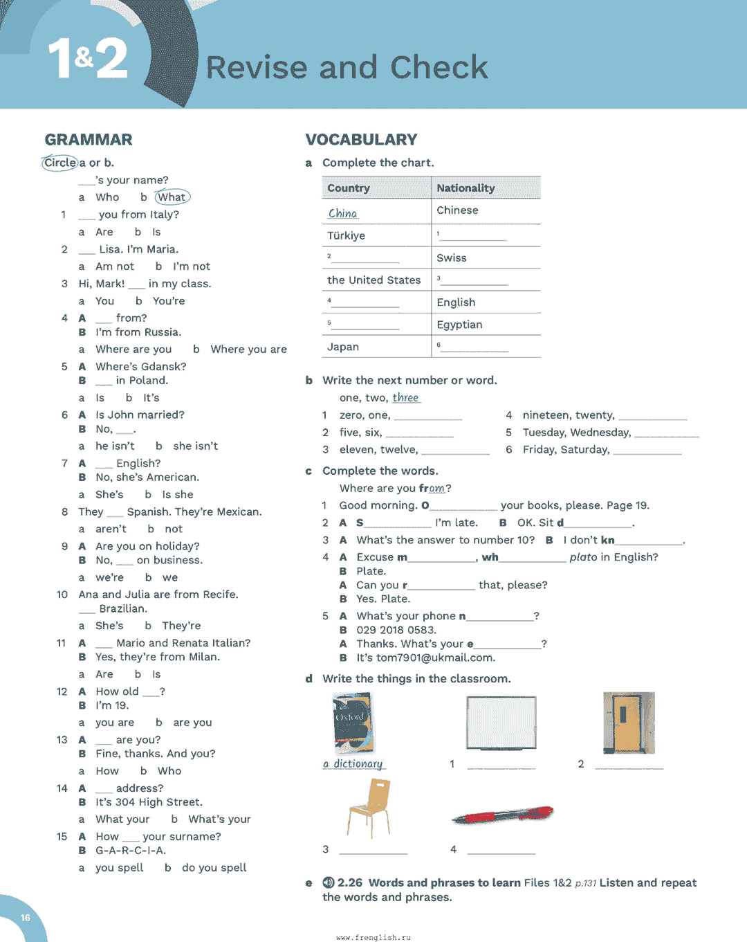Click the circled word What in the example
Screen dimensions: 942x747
(x=172, y=197)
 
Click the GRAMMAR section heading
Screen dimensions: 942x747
(x=89, y=140)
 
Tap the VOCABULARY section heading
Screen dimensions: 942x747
(x=361, y=140)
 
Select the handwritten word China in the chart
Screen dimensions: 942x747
(x=343, y=213)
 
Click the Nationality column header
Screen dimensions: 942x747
(x=465, y=188)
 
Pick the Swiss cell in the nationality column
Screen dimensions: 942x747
(x=452, y=258)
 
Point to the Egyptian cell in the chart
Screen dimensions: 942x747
(x=459, y=325)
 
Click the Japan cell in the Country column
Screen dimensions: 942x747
(x=343, y=347)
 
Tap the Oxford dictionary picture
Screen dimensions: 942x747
(x=353, y=723)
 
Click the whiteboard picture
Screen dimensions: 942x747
(x=501, y=723)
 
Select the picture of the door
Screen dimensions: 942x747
(x=628, y=723)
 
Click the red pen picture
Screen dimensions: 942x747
(x=503, y=815)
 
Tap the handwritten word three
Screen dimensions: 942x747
(x=405, y=398)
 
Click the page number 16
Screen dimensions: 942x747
(x=26, y=918)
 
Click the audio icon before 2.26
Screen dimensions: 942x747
(x=329, y=883)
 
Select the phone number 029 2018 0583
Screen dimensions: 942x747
(x=396, y=630)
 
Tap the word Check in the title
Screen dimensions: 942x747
(x=439, y=68)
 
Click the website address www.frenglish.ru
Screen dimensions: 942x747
(x=373, y=937)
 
